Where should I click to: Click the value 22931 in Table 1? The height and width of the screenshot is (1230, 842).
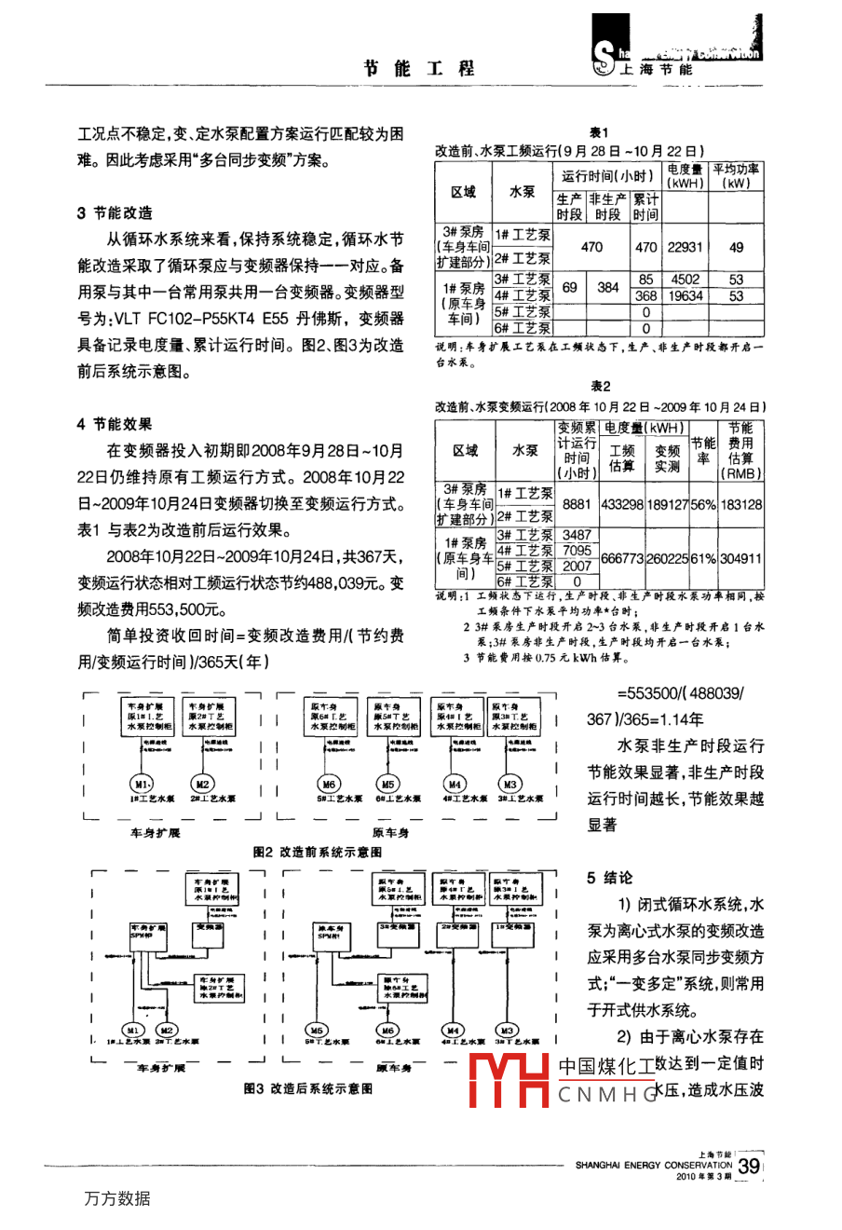coord(685,247)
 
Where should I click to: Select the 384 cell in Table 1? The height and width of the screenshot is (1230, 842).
coord(608,287)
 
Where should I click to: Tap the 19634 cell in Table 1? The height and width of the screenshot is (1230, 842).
coord(685,295)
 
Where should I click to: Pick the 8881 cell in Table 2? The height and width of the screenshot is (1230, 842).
coord(577,504)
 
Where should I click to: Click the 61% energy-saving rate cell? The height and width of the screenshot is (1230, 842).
coord(703,558)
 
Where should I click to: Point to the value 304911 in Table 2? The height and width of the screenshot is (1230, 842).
coord(740,558)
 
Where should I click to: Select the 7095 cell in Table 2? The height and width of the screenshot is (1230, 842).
coord(577,551)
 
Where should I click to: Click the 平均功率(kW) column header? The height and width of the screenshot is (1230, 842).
coord(736,176)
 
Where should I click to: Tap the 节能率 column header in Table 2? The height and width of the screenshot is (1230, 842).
coord(703,451)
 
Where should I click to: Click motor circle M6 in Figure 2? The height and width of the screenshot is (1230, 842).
coord(329,784)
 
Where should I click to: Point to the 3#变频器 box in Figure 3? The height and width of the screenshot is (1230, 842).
coord(398,928)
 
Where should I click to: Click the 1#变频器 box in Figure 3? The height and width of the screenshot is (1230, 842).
coord(513,928)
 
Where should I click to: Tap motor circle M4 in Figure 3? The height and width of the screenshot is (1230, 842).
coord(454,1030)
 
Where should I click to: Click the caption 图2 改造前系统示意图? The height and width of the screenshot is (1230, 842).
coord(317,852)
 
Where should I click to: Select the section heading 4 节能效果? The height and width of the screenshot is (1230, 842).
coord(115,424)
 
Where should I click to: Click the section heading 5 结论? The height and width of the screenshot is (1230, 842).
coord(610,878)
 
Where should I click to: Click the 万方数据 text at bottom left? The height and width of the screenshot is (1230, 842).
coord(116,1198)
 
